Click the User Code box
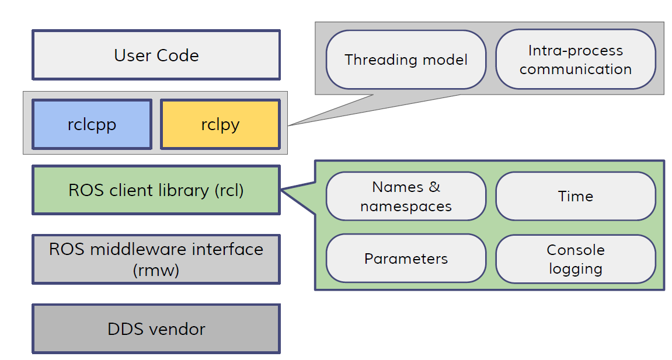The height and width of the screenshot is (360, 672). tap(156, 55)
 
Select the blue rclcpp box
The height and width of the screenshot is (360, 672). tap(92, 124)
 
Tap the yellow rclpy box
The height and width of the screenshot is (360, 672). tap(220, 124)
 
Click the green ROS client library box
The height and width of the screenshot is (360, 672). tap(156, 190)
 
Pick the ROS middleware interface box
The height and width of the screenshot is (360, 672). tap(156, 259)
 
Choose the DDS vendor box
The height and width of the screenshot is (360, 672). tap(156, 328)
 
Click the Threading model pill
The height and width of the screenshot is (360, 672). tap(406, 60)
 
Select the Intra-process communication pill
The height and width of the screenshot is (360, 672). tap(575, 60)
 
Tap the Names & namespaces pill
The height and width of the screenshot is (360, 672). tap(406, 197)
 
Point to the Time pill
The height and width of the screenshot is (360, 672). tap(575, 197)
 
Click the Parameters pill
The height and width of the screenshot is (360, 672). tap(406, 259)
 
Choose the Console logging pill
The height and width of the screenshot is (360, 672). tap(575, 259)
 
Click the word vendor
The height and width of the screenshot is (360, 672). tap(176, 329)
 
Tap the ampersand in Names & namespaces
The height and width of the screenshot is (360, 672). tap(434, 187)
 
